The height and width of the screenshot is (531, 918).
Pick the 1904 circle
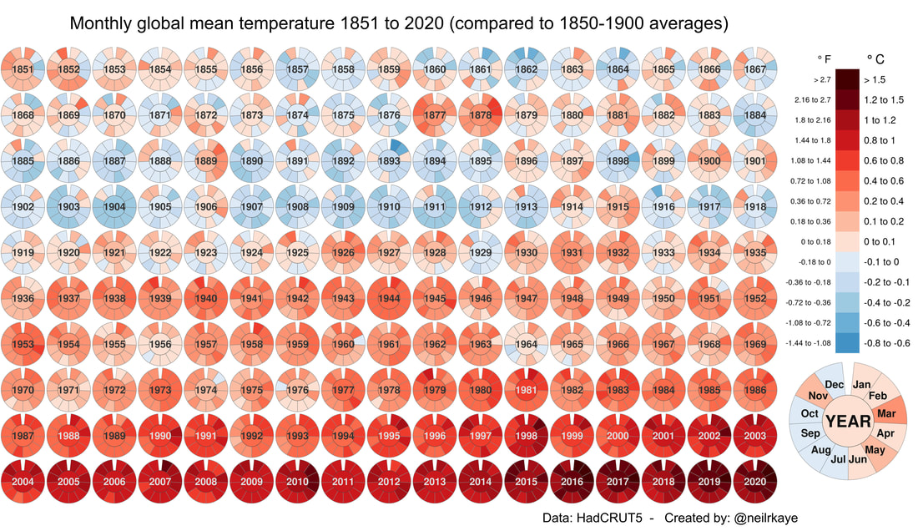click(x=115, y=206)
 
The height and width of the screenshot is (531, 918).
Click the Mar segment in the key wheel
click(x=886, y=413)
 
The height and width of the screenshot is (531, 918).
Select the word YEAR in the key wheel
click(x=849, y=422)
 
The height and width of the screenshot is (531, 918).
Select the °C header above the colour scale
click(x=875, y=59)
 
